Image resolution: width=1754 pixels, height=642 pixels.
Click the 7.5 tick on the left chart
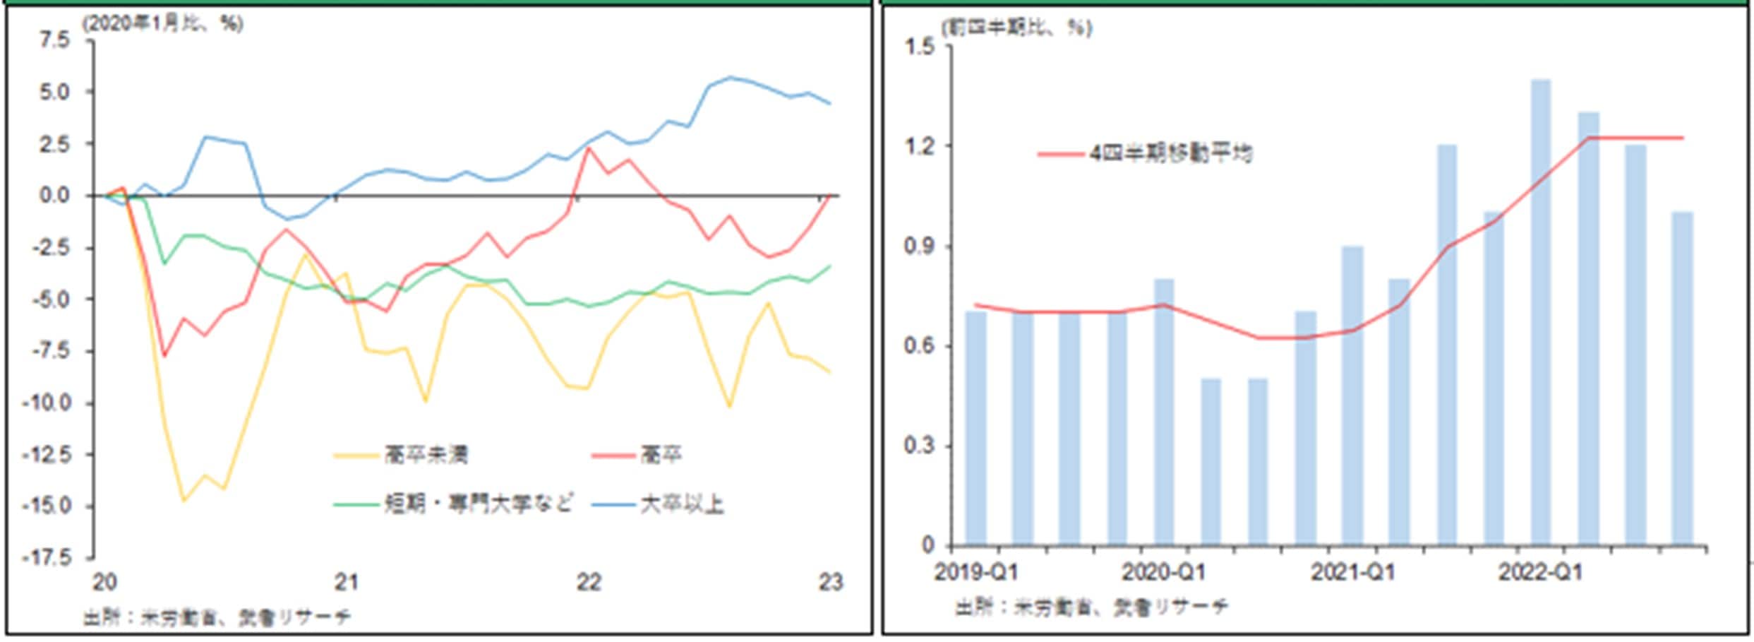tap(54, 40)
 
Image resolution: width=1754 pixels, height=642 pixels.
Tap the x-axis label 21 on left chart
tap(346, 583)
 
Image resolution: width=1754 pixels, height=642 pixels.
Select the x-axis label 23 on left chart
tap(831, 583)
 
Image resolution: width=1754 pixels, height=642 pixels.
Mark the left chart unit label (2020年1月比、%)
tap(163, 24)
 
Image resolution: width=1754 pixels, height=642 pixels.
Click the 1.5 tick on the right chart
tap(918, 47)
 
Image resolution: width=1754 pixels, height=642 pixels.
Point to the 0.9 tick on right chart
tap(918, 247)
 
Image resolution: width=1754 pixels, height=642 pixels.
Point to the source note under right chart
tap(1091, 607)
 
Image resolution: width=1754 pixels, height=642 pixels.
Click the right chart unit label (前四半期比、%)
tap(1016, 28)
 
